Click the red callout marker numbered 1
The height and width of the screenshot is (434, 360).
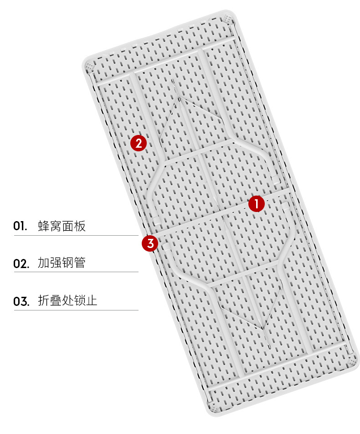pos(256,204)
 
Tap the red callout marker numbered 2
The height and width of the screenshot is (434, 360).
pos(139,143)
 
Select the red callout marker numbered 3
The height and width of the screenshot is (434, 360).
pos(150,243)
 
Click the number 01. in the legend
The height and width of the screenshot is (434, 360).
pos(20,226)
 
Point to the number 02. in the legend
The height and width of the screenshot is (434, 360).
pos(21,263)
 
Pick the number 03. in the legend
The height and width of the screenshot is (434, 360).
pos(21,301)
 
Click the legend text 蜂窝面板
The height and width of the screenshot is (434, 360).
pos(62,226)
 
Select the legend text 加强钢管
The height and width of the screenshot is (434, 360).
pos(62,263)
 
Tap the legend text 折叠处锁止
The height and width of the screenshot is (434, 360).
pos(67,300)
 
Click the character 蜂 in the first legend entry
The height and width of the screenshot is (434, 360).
pos(44,226)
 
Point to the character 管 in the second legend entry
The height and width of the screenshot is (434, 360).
pos(80,263)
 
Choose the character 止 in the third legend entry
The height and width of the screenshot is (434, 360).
pos(92,300)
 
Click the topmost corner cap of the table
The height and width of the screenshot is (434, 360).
pos(227,19)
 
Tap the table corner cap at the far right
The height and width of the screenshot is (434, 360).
pos(352,362)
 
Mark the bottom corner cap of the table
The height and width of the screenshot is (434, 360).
pos(215,409)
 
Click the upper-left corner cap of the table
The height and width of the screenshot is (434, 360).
pos(89,67)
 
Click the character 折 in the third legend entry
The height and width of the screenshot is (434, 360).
pos(44,300)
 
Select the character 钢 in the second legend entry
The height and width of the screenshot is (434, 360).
pos(68,263)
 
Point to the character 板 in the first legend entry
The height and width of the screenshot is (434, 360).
pos(80,226)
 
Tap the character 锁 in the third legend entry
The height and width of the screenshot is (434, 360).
pos(80,300)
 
